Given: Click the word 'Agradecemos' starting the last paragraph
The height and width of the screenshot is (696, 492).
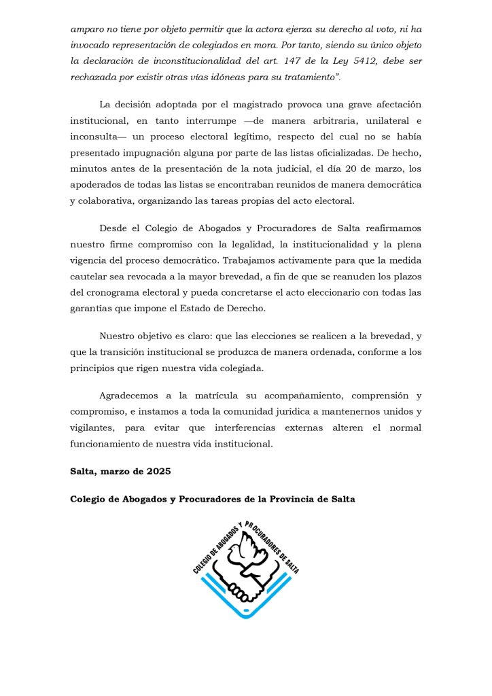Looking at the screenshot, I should [x=131, y=396].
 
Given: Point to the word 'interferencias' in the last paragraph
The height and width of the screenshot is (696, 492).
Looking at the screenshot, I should [x=260, y=428].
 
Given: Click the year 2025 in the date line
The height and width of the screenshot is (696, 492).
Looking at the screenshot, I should [x=156, y=471].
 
